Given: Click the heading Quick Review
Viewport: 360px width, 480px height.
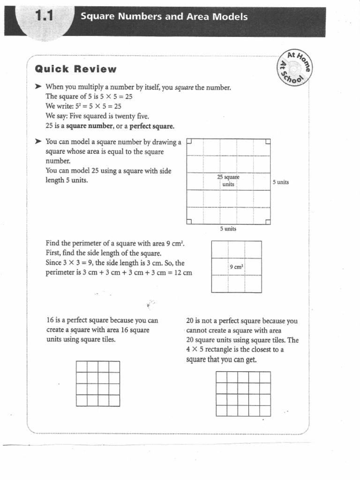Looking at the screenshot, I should (x=75, y=69).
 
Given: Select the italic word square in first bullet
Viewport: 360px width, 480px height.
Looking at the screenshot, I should (x=183, y=88).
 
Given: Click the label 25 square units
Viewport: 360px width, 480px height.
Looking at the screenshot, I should (x=228, y=180).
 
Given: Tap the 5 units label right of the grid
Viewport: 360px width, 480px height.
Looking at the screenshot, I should (x=281, y=182).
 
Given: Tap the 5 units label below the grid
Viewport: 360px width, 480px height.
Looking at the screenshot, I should (x=228, y=229).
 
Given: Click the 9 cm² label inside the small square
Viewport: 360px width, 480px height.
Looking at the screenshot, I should (x=236, y=267).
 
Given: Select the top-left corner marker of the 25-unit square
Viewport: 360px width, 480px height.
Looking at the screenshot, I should (x=189, y=141).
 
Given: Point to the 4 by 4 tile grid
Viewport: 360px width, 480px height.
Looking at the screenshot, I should (x=97, y=383).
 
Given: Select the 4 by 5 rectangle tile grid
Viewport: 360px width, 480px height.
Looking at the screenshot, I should (x=243, y=393).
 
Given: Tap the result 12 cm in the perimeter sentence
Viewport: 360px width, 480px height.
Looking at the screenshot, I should (x=183, y=273).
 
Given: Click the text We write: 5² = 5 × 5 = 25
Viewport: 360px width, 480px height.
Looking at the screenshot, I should (x=83, y=106).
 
